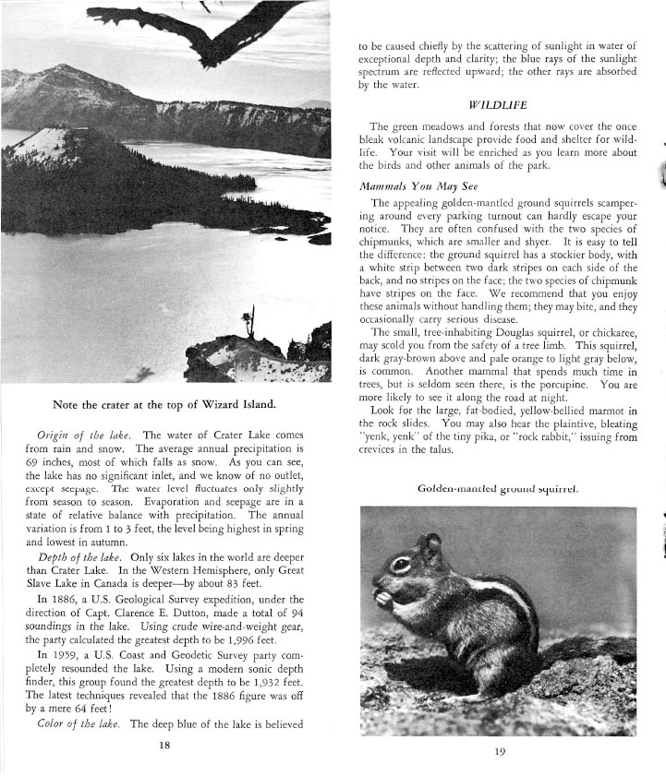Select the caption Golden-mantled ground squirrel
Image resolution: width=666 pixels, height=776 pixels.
pos(498,488)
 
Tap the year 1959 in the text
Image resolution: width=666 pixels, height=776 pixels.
pos(59,652)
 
